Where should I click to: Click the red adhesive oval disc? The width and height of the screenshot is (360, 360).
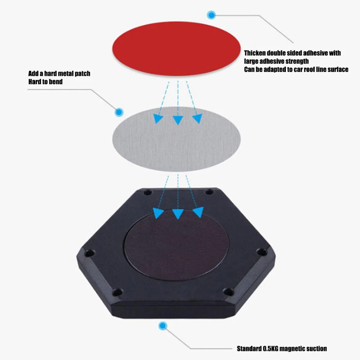(x=176, y=49)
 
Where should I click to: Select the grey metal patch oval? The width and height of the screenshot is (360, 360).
(x=176, y=139)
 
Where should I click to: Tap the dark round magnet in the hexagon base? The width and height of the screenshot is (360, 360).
(x=176, y=245)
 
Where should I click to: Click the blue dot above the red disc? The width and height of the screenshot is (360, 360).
(x=211, y=15)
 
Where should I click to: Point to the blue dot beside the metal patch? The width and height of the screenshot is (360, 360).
(x=119, y=112)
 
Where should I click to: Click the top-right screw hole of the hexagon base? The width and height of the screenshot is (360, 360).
(x=209, y=192)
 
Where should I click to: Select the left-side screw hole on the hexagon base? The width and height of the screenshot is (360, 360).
(x=89, y=253)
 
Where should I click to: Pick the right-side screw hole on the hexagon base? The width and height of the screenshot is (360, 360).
(x=261, y=252)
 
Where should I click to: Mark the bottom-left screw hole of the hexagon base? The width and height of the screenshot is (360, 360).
(x=117, y=292)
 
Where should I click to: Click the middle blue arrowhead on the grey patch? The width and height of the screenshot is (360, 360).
(x=178, y=120)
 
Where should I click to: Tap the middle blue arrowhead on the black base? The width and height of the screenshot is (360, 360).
(x=178, y=213)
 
